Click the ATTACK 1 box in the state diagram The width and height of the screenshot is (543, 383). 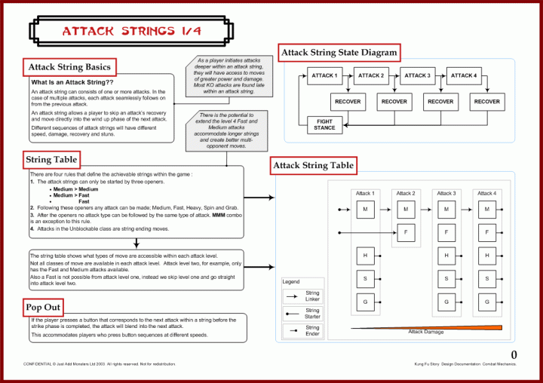324,75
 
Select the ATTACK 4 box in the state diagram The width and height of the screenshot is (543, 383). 463,75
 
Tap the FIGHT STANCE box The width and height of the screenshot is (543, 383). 324,124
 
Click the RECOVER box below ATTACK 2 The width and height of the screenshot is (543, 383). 394,101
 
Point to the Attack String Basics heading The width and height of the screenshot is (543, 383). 69,68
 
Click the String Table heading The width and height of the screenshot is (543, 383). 51,159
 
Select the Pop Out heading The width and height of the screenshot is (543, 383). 43,308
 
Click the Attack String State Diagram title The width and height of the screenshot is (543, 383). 339,53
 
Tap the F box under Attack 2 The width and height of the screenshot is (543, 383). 406,231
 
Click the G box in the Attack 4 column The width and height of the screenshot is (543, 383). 487,302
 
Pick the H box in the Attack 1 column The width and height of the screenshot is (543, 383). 365,256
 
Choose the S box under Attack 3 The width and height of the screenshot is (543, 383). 446,279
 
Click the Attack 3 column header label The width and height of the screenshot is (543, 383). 446,194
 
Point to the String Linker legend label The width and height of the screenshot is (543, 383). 312,296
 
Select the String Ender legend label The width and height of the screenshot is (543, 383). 312,331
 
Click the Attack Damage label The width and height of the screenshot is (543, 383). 427,332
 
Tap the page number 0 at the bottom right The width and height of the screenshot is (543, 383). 514,354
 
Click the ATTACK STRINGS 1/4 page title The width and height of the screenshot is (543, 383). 131,31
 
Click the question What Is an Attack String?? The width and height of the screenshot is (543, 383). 72,81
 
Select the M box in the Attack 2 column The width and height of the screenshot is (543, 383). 406,209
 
